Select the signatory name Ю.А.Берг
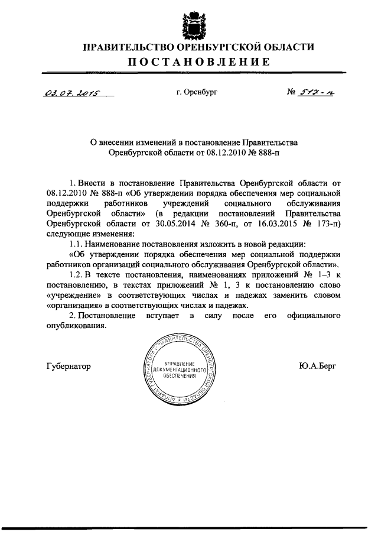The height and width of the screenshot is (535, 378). pos(318,366)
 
